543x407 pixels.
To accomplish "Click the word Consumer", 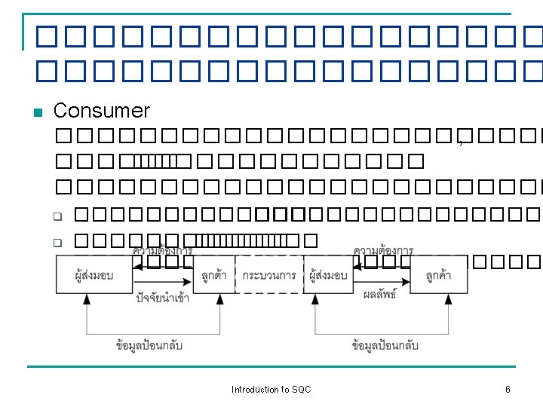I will [102, 111].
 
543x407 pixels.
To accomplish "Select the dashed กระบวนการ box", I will [269, 276].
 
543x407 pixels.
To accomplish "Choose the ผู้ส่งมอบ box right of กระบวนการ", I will [328, 276].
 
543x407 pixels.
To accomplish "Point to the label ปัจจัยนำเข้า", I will [163, 298].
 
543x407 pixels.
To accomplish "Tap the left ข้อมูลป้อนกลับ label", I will [149, 346].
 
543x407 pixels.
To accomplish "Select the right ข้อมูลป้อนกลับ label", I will [385, 346].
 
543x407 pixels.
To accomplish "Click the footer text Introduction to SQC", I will [271, 390].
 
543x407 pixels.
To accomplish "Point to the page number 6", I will [508, 390].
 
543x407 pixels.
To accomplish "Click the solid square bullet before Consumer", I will [37, 113].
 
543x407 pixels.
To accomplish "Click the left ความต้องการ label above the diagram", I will [162, 250].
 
